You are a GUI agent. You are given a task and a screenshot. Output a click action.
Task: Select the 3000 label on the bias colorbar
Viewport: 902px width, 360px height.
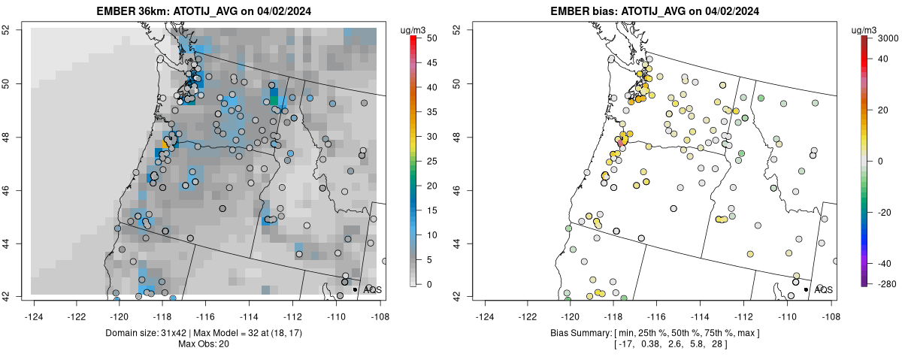coord(890,38)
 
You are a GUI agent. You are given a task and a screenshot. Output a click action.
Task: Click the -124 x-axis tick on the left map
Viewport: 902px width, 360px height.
coord(34,308)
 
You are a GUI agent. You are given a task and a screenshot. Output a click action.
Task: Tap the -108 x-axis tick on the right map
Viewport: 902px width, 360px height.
coord(831,308)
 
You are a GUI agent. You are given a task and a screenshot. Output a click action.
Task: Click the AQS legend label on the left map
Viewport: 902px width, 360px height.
coord(372,289)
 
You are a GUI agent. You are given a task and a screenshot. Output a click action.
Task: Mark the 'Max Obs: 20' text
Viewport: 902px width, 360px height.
coord(204,343)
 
